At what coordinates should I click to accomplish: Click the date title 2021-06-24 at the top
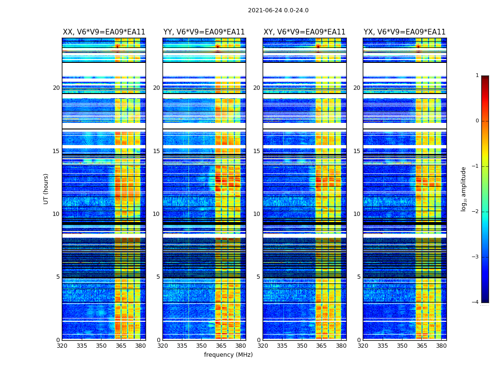278,10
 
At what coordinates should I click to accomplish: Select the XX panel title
104,32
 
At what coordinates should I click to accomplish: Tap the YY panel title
204,32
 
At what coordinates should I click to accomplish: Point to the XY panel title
304,32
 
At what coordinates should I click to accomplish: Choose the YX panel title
404,32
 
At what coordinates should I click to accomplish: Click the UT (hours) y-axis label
46,189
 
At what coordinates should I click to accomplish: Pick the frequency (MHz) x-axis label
228,355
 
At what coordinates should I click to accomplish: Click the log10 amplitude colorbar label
464,189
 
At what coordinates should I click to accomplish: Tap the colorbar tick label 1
477,76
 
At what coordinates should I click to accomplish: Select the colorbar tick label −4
476,302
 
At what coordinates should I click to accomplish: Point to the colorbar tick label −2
476,212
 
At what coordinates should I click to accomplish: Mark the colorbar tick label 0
477,121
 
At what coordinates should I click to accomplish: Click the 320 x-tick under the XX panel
62,346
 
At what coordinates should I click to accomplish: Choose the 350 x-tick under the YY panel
202,346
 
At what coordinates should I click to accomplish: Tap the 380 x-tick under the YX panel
441,346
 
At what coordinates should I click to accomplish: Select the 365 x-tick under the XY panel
321,346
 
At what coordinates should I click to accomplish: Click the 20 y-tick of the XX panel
56,88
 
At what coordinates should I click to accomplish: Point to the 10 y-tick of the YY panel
156,214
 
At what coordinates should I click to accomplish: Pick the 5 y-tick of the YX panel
359,277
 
